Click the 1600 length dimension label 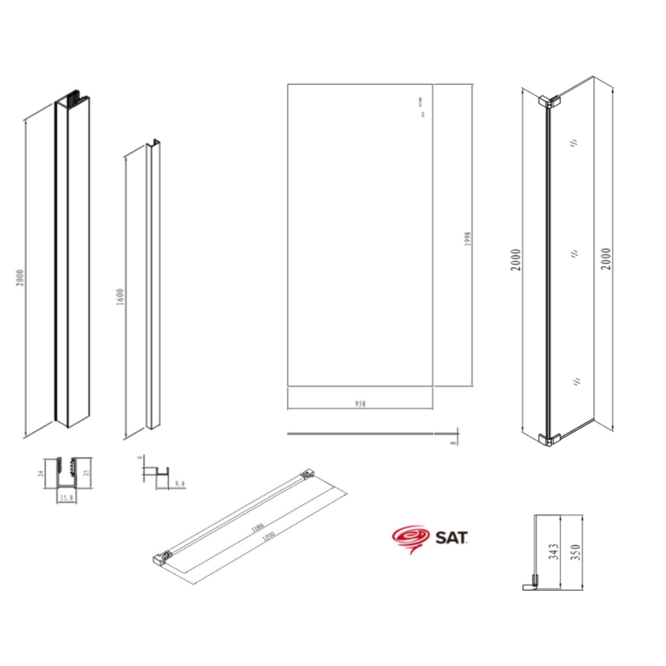click(x=120, y=297)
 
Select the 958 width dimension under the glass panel click(x=360, y=403)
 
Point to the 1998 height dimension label click(x=467, y=238)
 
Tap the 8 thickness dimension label click(x=453, y=442)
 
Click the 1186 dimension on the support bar click(x=258, y=527)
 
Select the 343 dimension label click(x=553, y=551)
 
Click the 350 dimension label click(x=575, y=552)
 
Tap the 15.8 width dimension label click(x=67, y=498)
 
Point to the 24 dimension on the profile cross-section click(x=41, y=473)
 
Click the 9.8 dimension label click(x=180, y=484)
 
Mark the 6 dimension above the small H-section click(x=139, y=457)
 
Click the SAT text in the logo click(x=451, y=538)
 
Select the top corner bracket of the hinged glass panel click(x=549, y=101)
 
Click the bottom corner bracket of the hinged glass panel click(x=549, y=440)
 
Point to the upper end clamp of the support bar click(x=307, y=474)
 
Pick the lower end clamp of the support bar click(x=161, y=557)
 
